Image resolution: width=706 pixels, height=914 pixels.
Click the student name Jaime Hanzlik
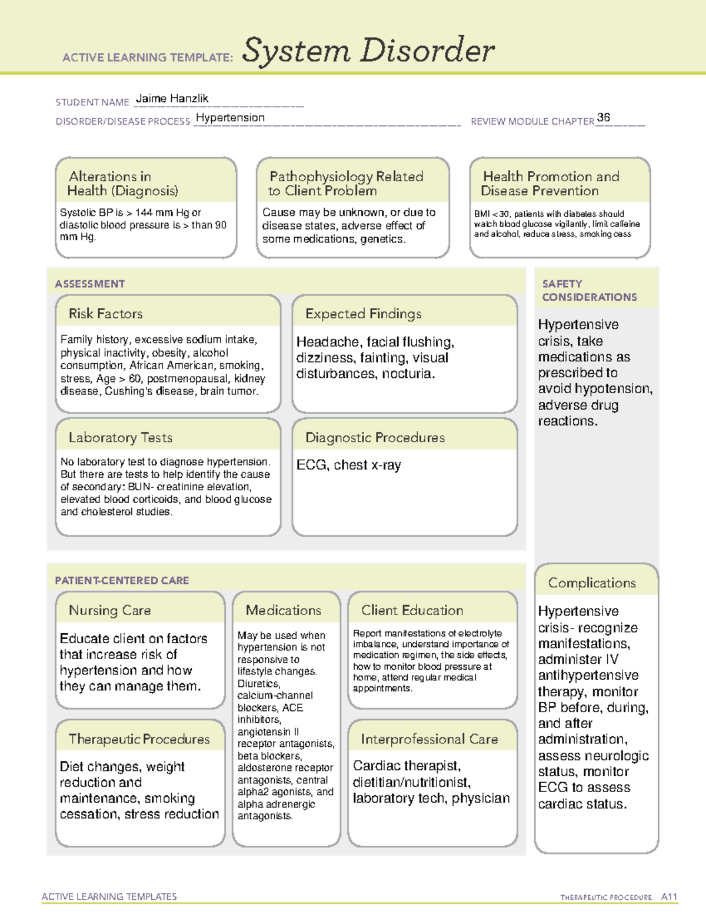point(172,99)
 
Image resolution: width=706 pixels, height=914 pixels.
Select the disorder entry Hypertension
point(230,118)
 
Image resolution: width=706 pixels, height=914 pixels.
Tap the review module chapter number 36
point(603,118)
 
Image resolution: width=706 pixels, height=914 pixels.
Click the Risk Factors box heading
point(106,314)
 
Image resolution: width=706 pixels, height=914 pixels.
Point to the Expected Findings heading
point(363,314)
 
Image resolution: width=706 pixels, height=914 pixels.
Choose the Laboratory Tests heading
point(121,437)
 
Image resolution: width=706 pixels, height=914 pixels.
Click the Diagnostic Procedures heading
point(375,437)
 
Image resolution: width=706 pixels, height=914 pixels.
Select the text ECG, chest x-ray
point(348,465)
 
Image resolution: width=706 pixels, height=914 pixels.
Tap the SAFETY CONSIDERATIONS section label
point(589,290)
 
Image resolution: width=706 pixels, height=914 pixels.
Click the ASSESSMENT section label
point(90,284)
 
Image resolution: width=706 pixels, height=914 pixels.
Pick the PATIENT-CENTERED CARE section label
point(122,580)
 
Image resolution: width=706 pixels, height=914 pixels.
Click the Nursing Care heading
point(110,610)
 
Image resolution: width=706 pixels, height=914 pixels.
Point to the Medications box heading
point(284,610)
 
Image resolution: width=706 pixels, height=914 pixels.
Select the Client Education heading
point(412,610)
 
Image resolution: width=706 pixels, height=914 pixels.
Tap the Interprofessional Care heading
point(429,739)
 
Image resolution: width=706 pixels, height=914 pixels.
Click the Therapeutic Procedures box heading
point(139,739)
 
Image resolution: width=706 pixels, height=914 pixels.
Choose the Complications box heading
point(592,583)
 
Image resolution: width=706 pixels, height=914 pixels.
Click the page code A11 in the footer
point(669,896)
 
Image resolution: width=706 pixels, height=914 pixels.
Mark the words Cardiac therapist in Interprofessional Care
point(406,766)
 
